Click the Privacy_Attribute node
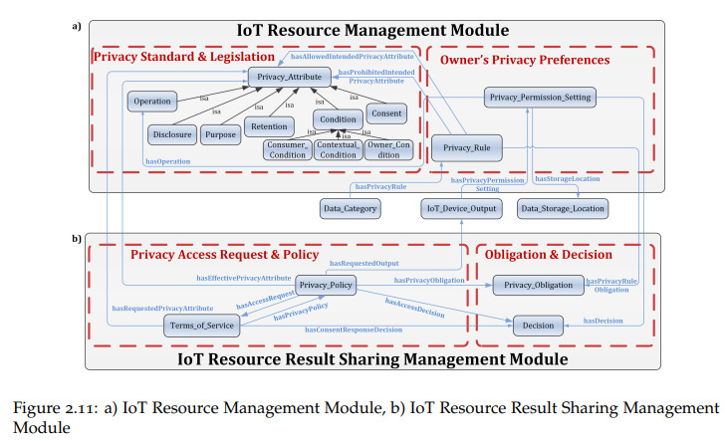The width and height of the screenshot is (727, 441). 290,77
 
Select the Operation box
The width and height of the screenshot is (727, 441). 152,101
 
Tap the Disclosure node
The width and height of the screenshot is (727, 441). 172,134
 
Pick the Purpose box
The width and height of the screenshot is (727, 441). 220,134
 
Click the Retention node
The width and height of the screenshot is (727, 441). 269,126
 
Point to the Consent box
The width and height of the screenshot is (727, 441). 386,113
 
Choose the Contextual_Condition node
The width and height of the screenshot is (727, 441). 338,149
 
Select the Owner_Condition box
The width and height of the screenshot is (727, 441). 388,149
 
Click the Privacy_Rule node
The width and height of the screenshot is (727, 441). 466,147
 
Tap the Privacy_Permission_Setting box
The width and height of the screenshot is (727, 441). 540,98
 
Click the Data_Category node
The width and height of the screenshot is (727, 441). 350,208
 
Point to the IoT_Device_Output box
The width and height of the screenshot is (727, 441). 461,208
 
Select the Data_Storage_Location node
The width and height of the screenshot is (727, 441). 563,208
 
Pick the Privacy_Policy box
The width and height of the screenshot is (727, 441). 326,285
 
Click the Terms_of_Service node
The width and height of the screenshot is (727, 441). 202,326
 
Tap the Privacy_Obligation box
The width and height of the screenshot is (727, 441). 538,285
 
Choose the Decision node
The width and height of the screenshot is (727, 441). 538,326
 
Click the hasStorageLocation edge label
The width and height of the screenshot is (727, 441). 568,179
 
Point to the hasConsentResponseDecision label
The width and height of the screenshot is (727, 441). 354,330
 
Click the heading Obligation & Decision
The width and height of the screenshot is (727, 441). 549,254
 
